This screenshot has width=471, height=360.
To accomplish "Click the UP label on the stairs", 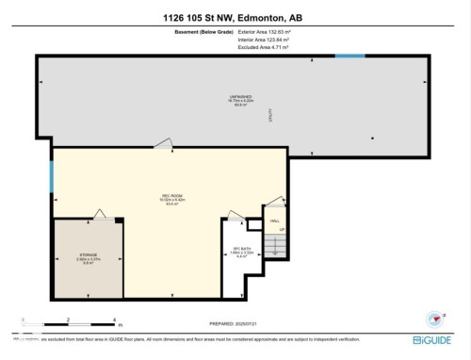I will (281, 230).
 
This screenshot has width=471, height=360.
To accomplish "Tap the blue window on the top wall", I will (350, 56).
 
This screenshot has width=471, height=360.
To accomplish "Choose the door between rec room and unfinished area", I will (164, 143).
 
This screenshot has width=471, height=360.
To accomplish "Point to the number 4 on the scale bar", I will (114, 320).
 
